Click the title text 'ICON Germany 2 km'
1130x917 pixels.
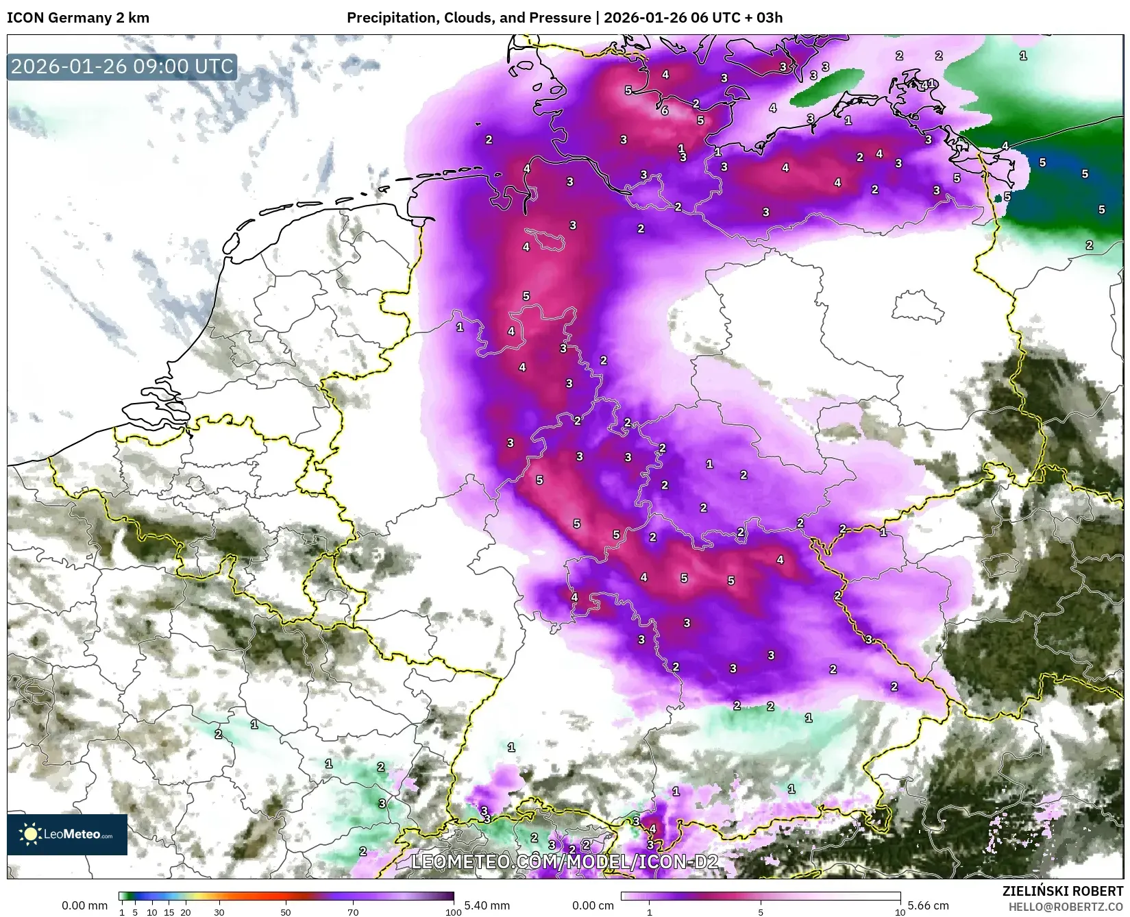pos(78,18)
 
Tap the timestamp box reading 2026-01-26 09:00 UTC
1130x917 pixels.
pos(122,66)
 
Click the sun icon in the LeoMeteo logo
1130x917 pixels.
pos(31,834)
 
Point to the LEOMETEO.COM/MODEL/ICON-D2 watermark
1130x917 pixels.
pos(565,861)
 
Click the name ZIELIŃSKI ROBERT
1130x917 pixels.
pos(1063,892)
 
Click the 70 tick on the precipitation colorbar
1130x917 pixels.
pos(353,912)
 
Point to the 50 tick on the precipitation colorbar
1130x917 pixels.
pos(286,912)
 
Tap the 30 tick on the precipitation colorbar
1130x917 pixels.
pos(219,912)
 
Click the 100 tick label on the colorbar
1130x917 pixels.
pos(453,912)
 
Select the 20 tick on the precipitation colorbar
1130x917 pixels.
pos(186,912)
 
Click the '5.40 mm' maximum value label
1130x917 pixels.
pos(487,905)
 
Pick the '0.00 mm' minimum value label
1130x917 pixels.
pos(84,905)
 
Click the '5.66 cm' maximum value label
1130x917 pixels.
pos(929,905)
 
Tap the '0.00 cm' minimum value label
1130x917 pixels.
pos(593,905)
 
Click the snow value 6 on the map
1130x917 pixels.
pos(665,110)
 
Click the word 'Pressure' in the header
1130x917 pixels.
pos(561,18)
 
